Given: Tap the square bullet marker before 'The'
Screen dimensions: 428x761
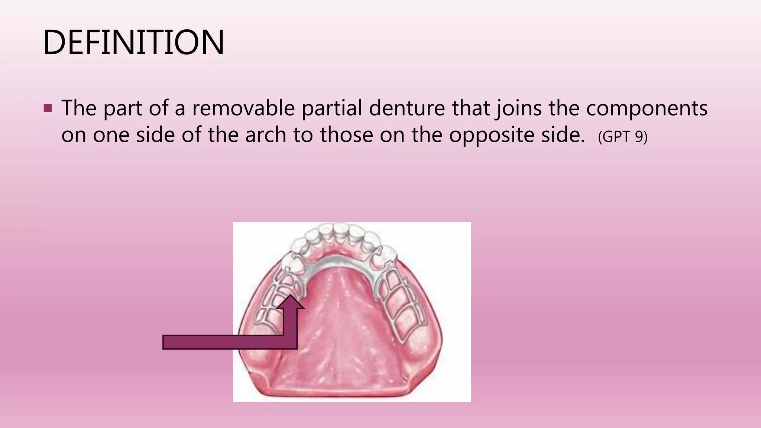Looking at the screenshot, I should [48, 108].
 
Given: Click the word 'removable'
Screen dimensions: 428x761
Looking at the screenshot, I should [243, 108].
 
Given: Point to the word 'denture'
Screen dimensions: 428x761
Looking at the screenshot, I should [407, 108].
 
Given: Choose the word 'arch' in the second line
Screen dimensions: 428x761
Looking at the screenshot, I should [266, 134].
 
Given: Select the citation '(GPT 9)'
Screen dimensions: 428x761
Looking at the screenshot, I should [622, 137].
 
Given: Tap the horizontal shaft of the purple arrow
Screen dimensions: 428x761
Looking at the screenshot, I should [223, 342].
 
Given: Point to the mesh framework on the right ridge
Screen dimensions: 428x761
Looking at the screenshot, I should [403, 305].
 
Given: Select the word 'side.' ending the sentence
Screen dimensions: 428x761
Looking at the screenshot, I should [561, 134].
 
